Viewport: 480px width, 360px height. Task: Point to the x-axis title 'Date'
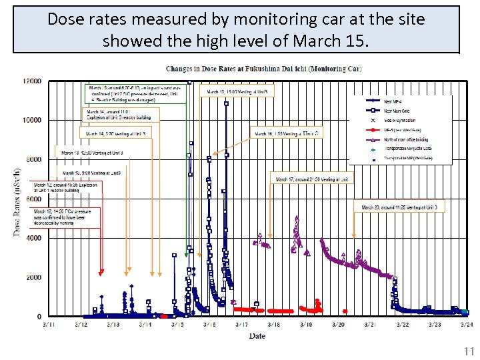(x=257, y=336)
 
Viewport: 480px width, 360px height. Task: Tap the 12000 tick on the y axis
(x=31, y=81)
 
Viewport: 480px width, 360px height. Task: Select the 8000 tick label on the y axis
(x=33, y=159)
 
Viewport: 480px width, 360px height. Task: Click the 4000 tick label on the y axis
(x=33, y=238)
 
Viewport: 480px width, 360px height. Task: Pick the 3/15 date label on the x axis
(x=177, y=325)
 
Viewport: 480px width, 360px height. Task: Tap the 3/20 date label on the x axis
(x=338, y=325)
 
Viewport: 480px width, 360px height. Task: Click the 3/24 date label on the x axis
(x=467, y=325)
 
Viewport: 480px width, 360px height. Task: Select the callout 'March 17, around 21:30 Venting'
(x=312, y=179)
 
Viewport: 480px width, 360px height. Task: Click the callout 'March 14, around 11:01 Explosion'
(x=119, y=115)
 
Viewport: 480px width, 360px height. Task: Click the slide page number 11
(x=467, y=351)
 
